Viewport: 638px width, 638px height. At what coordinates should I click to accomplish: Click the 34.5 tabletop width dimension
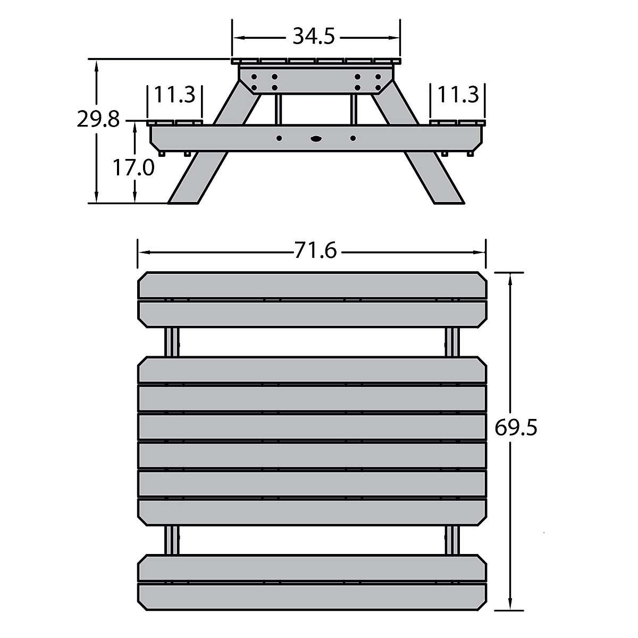(x=314, y=36)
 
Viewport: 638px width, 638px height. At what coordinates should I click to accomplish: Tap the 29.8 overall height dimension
(x=98, y=119)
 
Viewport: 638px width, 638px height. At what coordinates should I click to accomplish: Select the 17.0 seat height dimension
(x=133, y=167)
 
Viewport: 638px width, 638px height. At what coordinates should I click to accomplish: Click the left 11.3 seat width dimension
(x=174, y=95)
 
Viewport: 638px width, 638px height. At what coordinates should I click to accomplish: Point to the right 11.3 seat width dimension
(x=458, y=95)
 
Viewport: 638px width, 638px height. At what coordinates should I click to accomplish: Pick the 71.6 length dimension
(x=315, y=250)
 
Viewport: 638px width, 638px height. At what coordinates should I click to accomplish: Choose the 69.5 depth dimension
(x=516, y=427)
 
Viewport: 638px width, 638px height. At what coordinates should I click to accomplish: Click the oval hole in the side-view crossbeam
(x=316, y=138)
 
